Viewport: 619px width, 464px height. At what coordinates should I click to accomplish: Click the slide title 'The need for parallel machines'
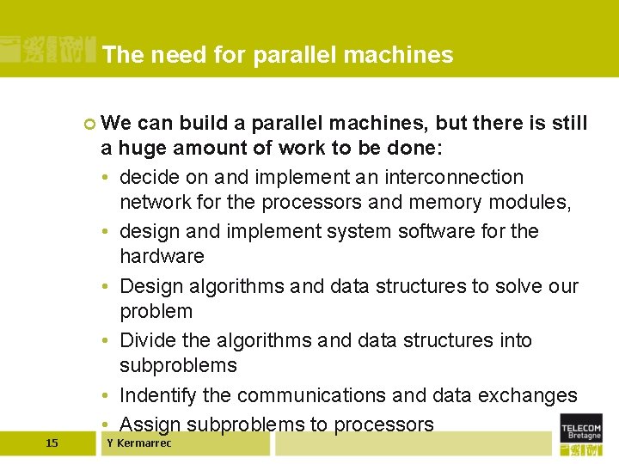(277, 55)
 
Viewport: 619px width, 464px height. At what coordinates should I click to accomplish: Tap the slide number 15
(52, 443)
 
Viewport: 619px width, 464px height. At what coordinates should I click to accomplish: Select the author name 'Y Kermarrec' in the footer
(138, 443)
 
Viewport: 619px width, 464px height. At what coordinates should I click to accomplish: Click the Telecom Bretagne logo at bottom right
(581, 436)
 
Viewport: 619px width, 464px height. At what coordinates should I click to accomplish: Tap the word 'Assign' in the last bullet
(150, 424)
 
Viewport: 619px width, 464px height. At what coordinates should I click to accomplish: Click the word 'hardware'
(162, 256)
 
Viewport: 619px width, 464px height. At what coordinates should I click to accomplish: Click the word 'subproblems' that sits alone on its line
(178, 365)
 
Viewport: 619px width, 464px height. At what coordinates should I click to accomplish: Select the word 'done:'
(417, 148)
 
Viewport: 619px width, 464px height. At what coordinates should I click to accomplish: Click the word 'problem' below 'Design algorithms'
(156, 311)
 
